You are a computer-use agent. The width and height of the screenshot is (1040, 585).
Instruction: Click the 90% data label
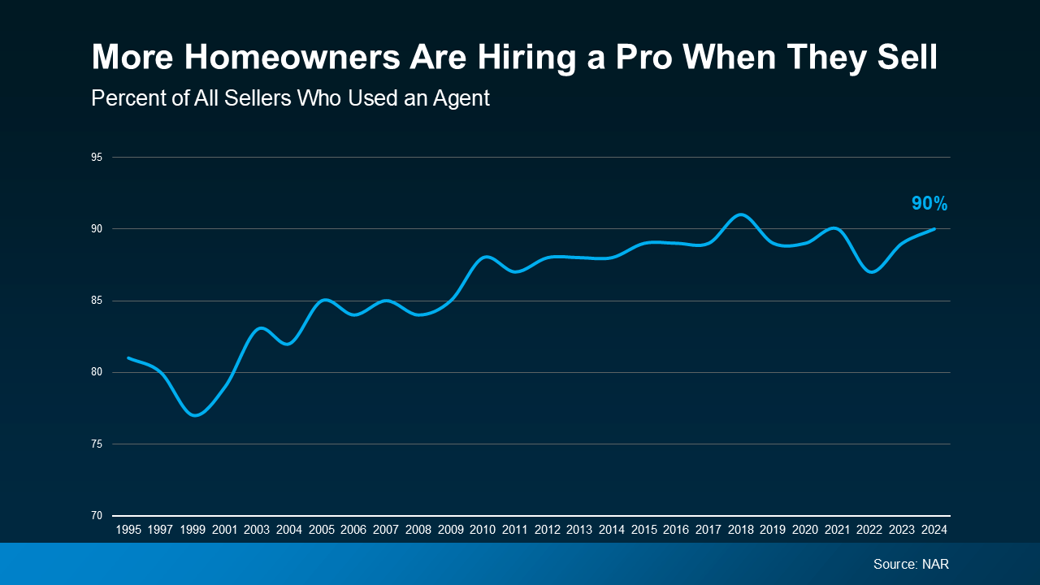[x=929, y=204]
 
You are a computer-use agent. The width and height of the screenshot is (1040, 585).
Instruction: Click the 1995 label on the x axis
[x=128, y=530]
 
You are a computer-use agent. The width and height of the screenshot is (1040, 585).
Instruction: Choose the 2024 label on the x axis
[x=934, y=530]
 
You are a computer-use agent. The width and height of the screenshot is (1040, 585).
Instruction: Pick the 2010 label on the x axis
[x=483, y=530]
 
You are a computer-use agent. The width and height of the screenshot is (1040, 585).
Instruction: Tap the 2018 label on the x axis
[x=740, y=530]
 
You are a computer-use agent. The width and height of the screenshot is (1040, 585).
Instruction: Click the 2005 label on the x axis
[x=322, y=530]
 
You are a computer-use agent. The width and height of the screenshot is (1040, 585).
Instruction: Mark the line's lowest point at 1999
[x=193, y=415]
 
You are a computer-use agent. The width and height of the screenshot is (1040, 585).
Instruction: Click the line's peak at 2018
[x=740, y=214]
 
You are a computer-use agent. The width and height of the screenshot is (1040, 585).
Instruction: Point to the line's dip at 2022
[x=870, y=272]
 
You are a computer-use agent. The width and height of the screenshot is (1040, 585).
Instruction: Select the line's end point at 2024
[x=934, y=229]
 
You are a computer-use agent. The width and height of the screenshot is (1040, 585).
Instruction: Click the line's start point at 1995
[x=128, y=357]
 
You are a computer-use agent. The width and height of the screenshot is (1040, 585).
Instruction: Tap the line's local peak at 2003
[x=258, y=328]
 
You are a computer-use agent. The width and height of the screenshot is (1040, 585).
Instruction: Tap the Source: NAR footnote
[x=911, y=564]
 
